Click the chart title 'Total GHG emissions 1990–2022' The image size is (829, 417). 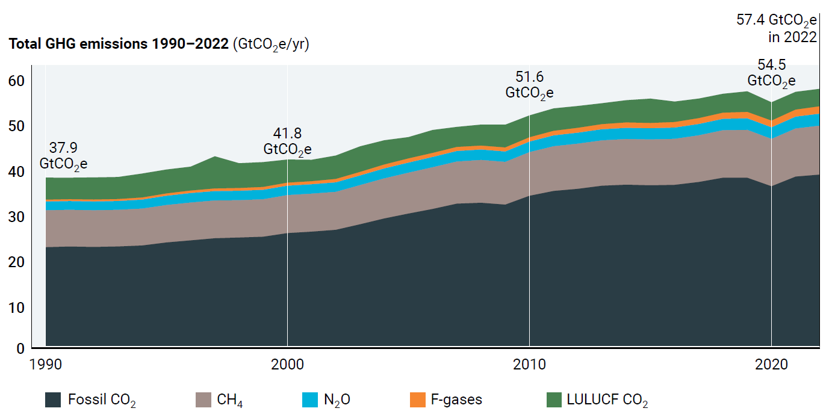pyautogui.click(x=117, y=45)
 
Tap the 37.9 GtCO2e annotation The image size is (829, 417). pyautogui.click(x=64, y=155)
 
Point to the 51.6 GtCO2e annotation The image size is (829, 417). pyautogui.click(x=529, y=85)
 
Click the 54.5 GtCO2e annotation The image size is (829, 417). pyautogui.click(x=771, y=73)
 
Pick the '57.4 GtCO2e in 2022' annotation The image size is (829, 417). pyautogui.click(x=777, y=28)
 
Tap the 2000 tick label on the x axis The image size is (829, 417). pyautogui.click(x=287, y=364)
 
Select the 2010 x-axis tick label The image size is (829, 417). pyautogui.click(x=529, y=364)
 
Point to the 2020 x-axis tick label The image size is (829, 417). pyautogui.click(x=771, y=364)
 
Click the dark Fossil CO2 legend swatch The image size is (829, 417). pyautogui.click(x=53, y=400)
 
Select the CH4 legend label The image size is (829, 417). pyautogui.click(x=231, y=400)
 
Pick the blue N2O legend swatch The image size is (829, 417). pyautogui.click(x=309, y=400)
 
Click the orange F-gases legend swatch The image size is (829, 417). pyautogui.click(x=417, y=400)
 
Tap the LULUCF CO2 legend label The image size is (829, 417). pyautogui.click(x=607, y=400)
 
